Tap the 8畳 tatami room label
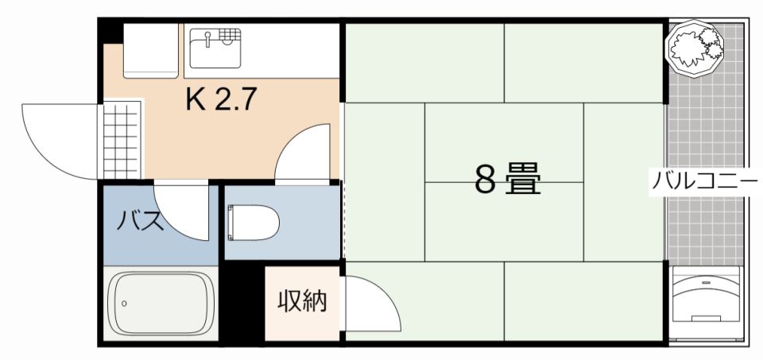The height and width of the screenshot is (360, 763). (x=508, y=179)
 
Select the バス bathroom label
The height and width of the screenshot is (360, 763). (x=138, y=222)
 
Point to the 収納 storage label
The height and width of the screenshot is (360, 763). (x=302, y=300)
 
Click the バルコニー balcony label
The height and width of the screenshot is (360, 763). (x=705, y=181)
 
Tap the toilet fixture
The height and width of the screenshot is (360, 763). (x=253, y=223)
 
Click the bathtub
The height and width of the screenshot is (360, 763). (x=161, y=303)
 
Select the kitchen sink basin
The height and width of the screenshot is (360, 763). (x=215, y=48)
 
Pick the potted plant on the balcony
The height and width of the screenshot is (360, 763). (x=695, y=48)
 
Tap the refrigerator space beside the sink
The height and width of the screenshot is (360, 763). (x=151, y=50)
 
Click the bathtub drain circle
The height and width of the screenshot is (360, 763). (x=124, y=304)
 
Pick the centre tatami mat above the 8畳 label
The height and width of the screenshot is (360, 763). (x=504, y=142)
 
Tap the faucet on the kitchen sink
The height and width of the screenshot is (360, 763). (x=207, y=38)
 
